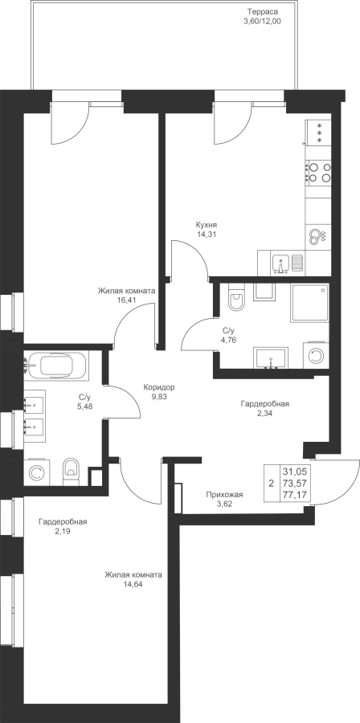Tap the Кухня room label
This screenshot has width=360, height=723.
click(x=206, y=225)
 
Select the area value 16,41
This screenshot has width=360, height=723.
click(x=126, y=300)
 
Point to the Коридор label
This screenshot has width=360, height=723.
click(x=159, y=387)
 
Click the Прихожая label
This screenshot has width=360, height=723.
click(x=224, y=495)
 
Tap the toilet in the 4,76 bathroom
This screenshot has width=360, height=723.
click(x=236, y=298)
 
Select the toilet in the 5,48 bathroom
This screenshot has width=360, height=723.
click(x=71, y=472)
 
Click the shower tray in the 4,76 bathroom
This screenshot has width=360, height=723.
click(x=309, y=303)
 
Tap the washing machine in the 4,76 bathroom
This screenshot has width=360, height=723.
click(x=316, y=356)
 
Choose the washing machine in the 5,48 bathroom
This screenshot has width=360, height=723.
click(x=36, y=472)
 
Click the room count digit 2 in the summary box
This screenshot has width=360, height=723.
click(x=271, y=484)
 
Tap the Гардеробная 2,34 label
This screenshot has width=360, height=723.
click(x=265, y=409)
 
